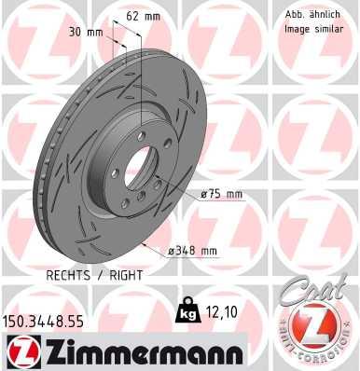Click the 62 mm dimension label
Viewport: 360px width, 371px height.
tap(143, 16)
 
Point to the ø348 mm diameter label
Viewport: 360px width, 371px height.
tap(194, 249)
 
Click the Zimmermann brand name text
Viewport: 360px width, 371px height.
tap(134, 352)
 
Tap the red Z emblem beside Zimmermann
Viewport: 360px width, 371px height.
tap(21, 351)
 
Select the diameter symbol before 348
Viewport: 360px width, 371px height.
tap(172, 249)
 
